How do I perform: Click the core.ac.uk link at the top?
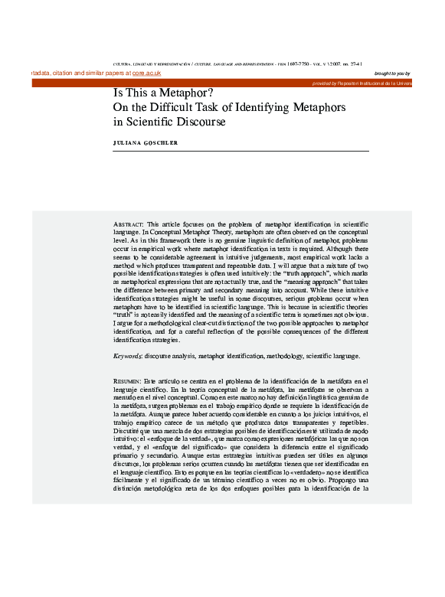pyautogui.click(x=146, y=73)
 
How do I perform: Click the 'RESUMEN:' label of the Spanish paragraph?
pyautogui.click(x=127, y=380)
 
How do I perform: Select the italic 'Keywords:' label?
pyautogui.click(x=128, y=357)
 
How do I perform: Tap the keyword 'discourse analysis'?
pyautogui.click(x=169, y=357)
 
